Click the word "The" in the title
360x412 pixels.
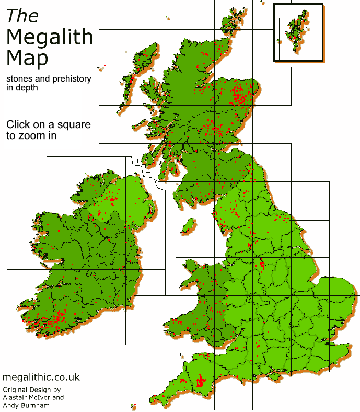pyautogui.click(x=22, y=16)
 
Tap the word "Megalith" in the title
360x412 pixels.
pyautogui.click(x=50, y=38)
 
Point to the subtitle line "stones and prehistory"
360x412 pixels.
pyautogui.click(x=49, y=79)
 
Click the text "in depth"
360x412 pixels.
pyautogui.click(x=22, y=88)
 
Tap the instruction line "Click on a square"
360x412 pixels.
pyautogui.click(x=48, y=125)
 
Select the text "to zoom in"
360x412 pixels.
pyautogui.click(x=31, y=135)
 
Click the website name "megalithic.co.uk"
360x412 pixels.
pyautogui.click(x=41, y=377)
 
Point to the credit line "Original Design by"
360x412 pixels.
pyautogui.click(x=32, y=390)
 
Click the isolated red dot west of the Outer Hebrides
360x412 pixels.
pyautogui.click(x=104, y=65)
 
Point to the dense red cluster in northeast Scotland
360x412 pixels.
pyautogui.click(x=241, y=95)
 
